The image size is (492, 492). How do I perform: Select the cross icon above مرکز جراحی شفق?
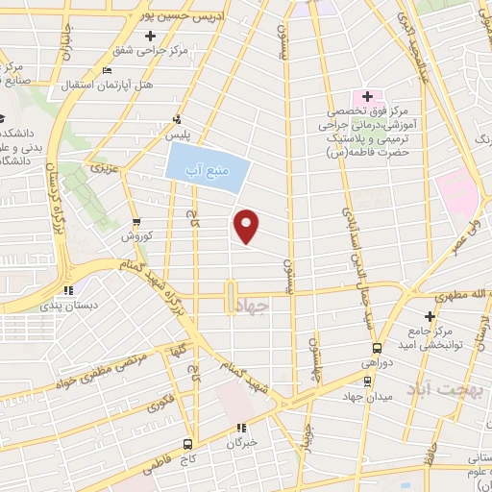tap(150, 36)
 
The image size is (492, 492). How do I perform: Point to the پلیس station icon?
tap(176, 120)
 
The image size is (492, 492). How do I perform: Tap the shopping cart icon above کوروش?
tap(135, 220)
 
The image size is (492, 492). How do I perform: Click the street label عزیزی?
tap(102, 169)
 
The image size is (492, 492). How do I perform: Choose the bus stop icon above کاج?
tap(186, 444)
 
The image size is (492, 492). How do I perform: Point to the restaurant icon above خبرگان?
tap(241, 428)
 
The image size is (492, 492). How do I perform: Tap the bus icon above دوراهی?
tap(376, 349)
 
